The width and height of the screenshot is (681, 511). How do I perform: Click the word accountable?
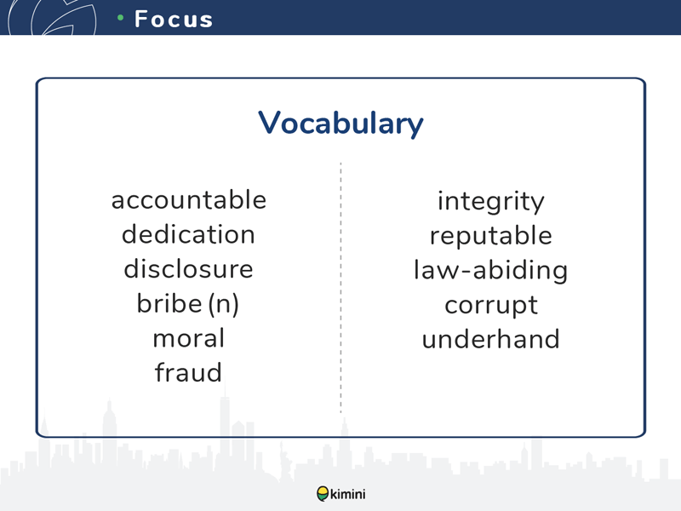pos(188,200)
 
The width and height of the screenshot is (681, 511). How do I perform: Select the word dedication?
pos(188,234)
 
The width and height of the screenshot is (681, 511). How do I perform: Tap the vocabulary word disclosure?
pos(188,268)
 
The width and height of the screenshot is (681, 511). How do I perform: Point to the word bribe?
pos(169,303)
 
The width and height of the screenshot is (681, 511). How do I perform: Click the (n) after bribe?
pos(224,304)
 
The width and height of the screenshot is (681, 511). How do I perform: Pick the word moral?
pos(188,337)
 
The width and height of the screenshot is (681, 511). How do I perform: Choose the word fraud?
pos(188,372)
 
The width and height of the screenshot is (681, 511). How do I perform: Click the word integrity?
pos(491,202)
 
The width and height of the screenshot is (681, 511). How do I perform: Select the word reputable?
pos(491,237)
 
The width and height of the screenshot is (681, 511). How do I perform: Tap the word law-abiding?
pos(491,270)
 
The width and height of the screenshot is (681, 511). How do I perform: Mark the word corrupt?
pos(491,306)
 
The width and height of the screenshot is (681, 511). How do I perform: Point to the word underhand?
pos(491,339)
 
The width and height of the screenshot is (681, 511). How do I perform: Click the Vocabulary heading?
pos(340,123)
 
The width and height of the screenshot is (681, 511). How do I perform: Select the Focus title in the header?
pos(174,19)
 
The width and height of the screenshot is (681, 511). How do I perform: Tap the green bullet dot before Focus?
pos(120,17)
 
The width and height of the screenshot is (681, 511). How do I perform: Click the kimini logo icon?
pos(323,494)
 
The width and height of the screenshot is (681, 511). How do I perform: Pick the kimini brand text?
pos(348,494)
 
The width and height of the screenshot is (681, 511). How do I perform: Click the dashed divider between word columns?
pos(341,287)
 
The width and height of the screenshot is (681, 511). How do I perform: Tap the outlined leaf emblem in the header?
pos(52,17)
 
